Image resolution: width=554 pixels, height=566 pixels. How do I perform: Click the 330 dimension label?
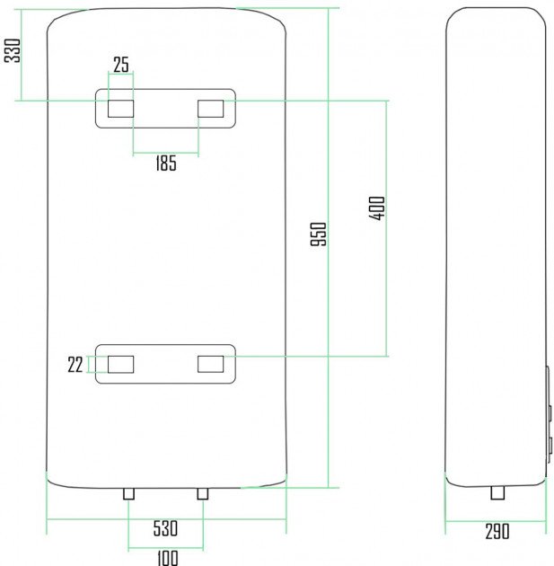[13, 50]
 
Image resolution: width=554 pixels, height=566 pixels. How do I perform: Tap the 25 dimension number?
[121, 65]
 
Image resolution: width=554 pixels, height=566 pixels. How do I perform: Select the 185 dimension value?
[166, 163]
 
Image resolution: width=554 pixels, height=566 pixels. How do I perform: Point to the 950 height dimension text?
[319, 234]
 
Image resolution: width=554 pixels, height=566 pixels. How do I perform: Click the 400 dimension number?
[377, 208]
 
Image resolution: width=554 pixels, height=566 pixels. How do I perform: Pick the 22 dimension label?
[75, 365]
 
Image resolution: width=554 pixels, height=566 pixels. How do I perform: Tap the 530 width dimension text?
[165, 528]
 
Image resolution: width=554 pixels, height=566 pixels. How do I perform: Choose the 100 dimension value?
[168, 558]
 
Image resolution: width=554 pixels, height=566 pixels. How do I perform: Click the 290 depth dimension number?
[497, 531]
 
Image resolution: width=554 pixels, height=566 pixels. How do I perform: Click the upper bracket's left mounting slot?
[121, 109]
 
